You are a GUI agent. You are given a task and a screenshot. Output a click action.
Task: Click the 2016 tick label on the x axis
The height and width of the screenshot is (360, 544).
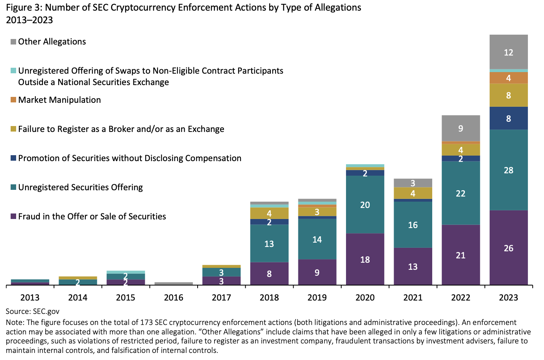[174, 297]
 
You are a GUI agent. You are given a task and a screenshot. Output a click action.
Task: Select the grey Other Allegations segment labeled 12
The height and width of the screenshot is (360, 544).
[509, 52]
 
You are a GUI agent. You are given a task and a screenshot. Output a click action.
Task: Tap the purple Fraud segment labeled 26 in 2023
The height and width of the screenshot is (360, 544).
[509, 248]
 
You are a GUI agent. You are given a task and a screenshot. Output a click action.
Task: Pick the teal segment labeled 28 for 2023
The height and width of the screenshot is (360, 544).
[509, 170]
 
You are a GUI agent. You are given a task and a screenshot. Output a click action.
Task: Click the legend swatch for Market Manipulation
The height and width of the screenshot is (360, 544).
[13, 100]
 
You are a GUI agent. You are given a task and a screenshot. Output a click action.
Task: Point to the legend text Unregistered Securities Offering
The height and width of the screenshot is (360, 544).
[80, 187]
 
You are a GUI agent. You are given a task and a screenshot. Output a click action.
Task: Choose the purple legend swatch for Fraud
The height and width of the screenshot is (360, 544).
[13, 216]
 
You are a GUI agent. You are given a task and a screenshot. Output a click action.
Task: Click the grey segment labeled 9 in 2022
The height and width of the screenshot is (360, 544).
[461, 128]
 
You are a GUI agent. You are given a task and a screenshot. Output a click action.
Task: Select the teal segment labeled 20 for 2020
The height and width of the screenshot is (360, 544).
[365, 204]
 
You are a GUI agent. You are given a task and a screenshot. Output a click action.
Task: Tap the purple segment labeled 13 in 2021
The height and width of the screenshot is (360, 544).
[413, 267]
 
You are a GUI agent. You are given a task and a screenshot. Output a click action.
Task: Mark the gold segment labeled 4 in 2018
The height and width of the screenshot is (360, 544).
[269, 213]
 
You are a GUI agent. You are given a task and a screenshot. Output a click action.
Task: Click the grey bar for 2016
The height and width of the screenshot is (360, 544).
[174, 283]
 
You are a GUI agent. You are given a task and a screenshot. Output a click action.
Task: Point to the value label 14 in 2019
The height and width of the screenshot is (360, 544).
[317, 239]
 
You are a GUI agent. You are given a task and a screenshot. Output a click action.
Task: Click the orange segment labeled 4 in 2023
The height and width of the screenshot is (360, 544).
[509, 78]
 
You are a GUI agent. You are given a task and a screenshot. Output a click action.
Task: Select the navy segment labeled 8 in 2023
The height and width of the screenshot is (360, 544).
[509, 118]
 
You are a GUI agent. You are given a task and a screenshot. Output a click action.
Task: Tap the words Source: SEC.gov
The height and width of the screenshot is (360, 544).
[33, 312]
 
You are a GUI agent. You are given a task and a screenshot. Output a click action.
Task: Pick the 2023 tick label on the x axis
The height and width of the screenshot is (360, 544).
[509, 297]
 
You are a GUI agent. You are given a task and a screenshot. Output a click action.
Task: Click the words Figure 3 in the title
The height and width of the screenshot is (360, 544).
[22, 7]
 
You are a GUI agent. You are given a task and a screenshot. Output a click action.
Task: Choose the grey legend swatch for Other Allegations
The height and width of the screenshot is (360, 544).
[13, 42]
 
